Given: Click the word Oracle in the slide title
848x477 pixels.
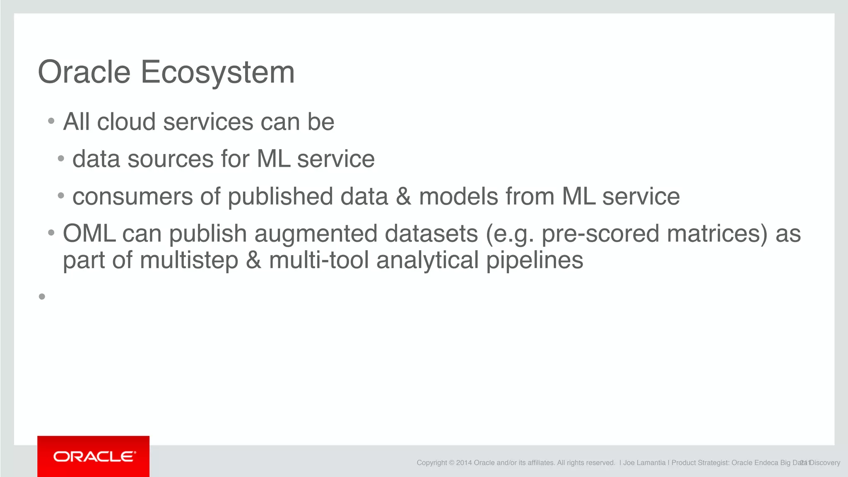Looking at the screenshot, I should [84, 72].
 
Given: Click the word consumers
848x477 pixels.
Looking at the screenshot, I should [132, 197].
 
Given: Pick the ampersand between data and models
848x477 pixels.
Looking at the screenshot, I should [403, 197].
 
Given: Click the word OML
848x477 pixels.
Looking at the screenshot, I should [89, 234].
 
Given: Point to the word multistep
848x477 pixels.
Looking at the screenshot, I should [189, 261].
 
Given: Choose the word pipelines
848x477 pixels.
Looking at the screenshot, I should [535, 261].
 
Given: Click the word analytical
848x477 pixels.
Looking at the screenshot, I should [427, 261].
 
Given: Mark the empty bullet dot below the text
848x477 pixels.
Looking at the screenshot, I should [42, 296].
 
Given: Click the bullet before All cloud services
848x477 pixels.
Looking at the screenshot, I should [51, 121].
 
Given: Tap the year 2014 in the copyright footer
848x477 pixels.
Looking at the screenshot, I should [464, 463].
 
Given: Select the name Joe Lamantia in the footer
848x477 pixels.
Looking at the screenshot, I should [644, 463].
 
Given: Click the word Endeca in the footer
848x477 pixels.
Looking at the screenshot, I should [766, 463].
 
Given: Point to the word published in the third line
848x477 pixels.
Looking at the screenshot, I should [280, 197].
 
